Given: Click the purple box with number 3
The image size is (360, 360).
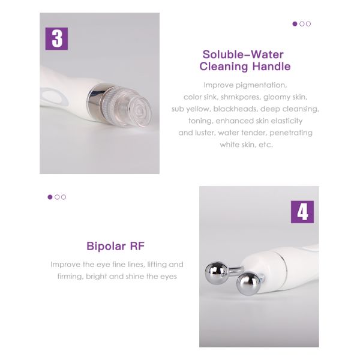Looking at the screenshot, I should (x=56, y=38).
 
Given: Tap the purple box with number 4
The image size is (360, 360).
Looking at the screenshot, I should (x=302, y=212).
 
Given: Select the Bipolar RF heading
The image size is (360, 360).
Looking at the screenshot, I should (x=116, y=246).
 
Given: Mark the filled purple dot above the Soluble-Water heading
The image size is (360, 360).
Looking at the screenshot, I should (x=295, y=24).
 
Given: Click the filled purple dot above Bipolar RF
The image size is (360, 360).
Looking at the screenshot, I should (x=50, y=197).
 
